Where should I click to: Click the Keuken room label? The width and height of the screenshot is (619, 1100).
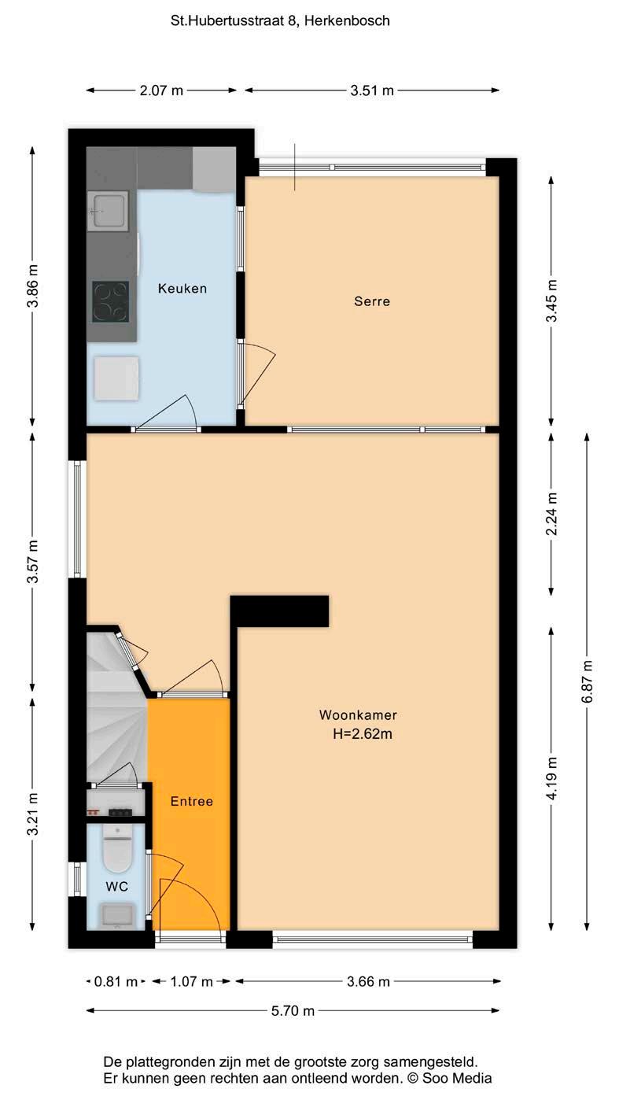182,288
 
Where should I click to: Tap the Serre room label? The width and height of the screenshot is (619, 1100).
372,301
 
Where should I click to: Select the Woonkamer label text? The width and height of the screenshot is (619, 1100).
358,715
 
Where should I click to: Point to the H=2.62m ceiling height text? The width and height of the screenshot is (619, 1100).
363,734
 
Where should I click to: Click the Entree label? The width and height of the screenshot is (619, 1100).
191,802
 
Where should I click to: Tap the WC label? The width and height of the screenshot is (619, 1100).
117,887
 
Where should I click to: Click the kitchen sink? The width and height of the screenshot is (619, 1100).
108,211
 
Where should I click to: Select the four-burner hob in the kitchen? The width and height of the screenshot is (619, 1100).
110,301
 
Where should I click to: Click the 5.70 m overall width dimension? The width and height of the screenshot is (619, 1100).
293,1010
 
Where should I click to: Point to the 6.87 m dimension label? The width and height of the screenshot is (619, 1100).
587,681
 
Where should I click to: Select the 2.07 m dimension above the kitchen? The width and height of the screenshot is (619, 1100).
161,90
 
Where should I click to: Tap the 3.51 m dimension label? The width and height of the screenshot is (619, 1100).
372,90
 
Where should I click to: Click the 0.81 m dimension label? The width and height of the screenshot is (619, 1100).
116,981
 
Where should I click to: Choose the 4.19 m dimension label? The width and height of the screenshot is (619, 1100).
551,778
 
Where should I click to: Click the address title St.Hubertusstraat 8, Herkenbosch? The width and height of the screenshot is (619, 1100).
280,20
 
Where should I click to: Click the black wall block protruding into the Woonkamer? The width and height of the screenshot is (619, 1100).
279,611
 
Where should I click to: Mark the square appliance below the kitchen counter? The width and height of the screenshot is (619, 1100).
116,378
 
